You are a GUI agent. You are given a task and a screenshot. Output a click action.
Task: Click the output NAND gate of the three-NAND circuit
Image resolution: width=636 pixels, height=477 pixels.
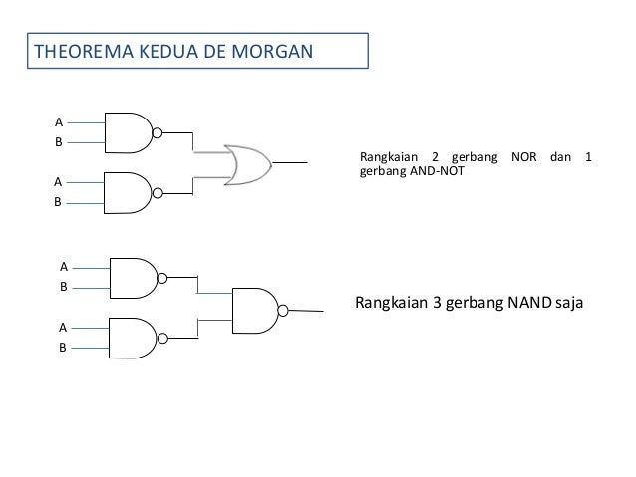254,307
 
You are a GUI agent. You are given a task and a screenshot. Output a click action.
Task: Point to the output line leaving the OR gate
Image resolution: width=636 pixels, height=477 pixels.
289,161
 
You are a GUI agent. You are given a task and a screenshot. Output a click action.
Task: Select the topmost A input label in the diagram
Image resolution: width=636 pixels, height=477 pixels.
58,121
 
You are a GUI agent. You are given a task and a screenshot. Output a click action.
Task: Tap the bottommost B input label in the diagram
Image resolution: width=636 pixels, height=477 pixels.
63,348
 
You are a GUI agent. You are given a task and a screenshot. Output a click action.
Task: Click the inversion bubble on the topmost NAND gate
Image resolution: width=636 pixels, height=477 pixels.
158,130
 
